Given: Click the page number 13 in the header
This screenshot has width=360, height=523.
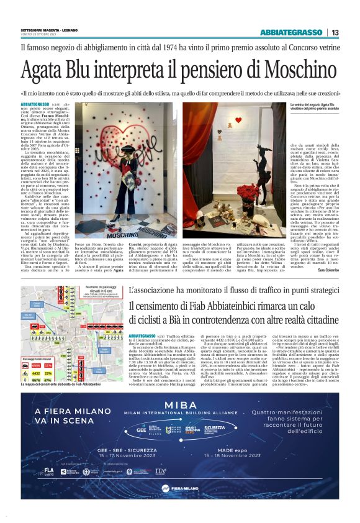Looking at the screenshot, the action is click(335, 32).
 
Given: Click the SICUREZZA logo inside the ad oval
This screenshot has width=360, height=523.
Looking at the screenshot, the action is click(214, 429).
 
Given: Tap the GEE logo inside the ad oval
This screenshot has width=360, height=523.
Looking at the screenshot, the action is click(142, 429).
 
